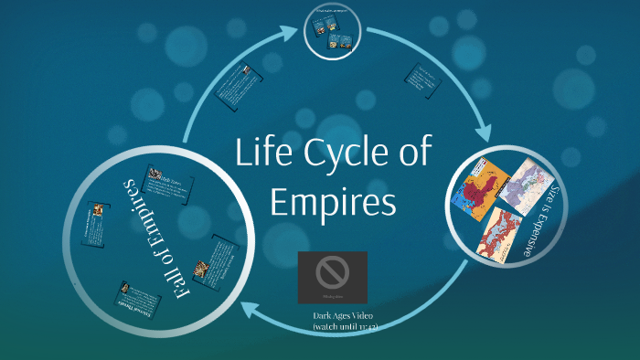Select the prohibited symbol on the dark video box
coord(332,271)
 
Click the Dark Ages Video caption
coord(343,316)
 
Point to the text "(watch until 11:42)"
coord(343,326)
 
